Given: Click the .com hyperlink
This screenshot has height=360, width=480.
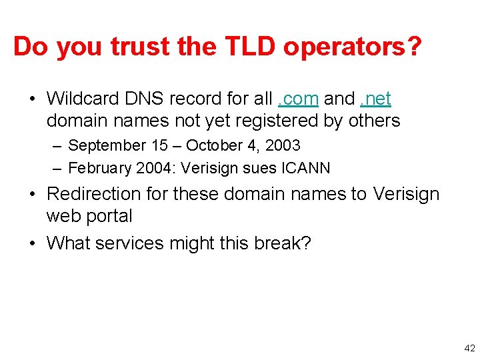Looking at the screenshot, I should (299, 99).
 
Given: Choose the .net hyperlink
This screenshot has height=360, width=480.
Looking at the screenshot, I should (375, 99).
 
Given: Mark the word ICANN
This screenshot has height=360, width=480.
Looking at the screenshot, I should (306, 167).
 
